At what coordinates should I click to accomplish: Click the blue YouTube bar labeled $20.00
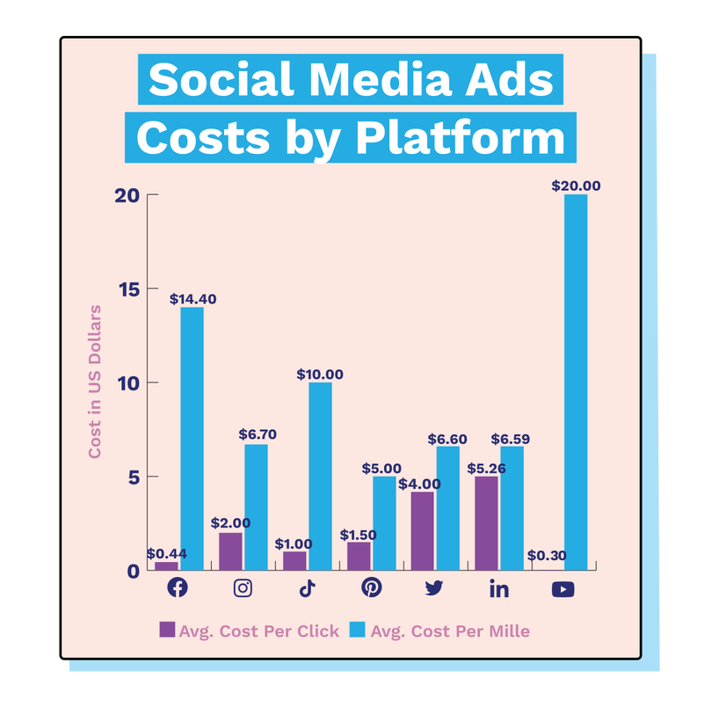point(576,383)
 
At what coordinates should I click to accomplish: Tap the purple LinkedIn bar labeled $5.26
point(486,522)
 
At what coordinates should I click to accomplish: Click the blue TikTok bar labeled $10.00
point(320,476)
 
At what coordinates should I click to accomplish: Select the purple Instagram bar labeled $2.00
point(230,550)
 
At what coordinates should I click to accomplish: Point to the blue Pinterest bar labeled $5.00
point(384,522)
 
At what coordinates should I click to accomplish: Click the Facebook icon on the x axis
point(178,588)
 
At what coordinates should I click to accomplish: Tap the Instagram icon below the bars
point(243,588)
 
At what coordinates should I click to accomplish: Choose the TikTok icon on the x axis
point(307,588)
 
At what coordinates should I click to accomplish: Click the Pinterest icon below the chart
point(372,588)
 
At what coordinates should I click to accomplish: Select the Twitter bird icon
point(434,588)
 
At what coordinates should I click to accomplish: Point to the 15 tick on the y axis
point(127,288)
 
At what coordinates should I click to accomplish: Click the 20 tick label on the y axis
point(127,195)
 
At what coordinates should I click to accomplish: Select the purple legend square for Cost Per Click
point(166,630)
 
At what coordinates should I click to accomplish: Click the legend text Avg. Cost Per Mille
point(449,630)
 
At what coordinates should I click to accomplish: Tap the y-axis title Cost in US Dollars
point(95,382)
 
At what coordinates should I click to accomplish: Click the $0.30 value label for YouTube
point(546,555)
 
